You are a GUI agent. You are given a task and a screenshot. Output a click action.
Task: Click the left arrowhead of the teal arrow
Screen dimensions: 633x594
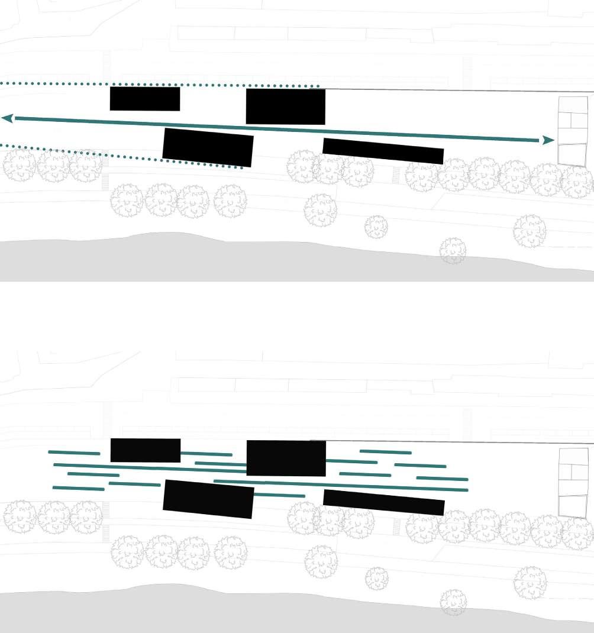click(x=8, y=118)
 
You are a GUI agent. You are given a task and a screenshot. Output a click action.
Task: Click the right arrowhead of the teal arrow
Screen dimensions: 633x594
click(x=548, y=140)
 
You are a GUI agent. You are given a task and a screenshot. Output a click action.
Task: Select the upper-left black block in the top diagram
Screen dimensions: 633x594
click(x=145, y=99)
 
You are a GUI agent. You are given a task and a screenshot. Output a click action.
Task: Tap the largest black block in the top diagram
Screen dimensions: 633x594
click(x=285, y=106)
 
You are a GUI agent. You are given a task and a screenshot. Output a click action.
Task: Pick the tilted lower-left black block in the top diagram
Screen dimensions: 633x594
click(x=208, y=147)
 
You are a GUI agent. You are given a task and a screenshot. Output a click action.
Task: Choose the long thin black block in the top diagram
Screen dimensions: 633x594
click(x=383, y=151)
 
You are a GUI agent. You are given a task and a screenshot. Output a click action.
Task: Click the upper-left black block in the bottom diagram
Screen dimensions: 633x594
click(x=146, y=450)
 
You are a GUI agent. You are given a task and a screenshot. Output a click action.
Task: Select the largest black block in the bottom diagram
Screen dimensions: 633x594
click(x=286, y=458)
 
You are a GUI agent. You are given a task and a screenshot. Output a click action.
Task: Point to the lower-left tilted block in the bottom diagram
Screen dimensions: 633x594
click(x=208, y=499)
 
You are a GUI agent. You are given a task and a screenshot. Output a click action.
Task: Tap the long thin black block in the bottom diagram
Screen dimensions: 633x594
click(x=384, y=502)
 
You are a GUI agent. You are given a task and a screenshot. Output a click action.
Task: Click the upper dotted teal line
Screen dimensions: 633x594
click(x=160, y=85)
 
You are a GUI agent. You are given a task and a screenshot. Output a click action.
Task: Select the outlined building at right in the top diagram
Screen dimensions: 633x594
click(x=573, y=131)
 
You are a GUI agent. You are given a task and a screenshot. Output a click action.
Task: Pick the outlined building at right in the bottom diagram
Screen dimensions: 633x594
click(x=573, y=482)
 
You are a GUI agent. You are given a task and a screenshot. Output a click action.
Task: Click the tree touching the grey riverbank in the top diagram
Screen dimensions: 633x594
click(x=453, y=250)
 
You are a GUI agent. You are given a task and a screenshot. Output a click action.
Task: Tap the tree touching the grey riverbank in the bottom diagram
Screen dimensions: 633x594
click(x=453, y=602)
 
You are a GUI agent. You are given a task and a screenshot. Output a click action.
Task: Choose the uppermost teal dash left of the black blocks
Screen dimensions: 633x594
click(x=74, y=453)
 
